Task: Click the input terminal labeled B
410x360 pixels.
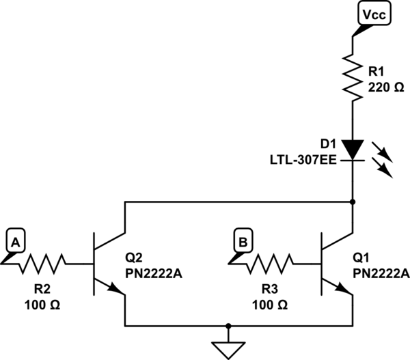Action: point(243,240)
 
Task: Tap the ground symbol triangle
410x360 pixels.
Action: point(228,349)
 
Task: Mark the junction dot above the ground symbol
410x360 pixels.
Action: point(228,326)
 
